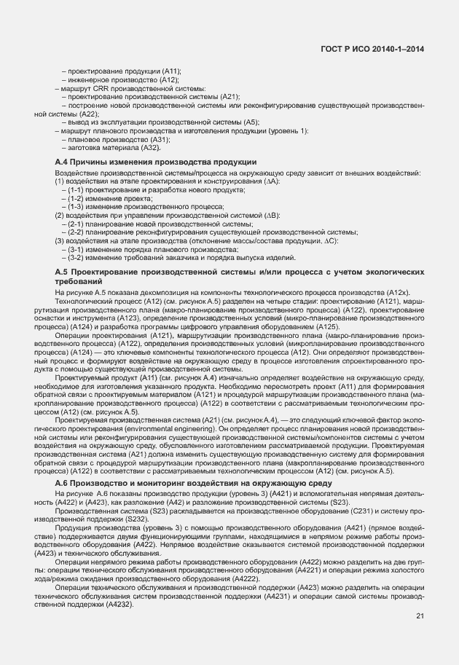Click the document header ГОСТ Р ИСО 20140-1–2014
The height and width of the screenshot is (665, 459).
(x=372, y=49)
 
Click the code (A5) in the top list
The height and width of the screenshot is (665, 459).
(x=251, y=122)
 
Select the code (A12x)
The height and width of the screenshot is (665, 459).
(x=404, y=292)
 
